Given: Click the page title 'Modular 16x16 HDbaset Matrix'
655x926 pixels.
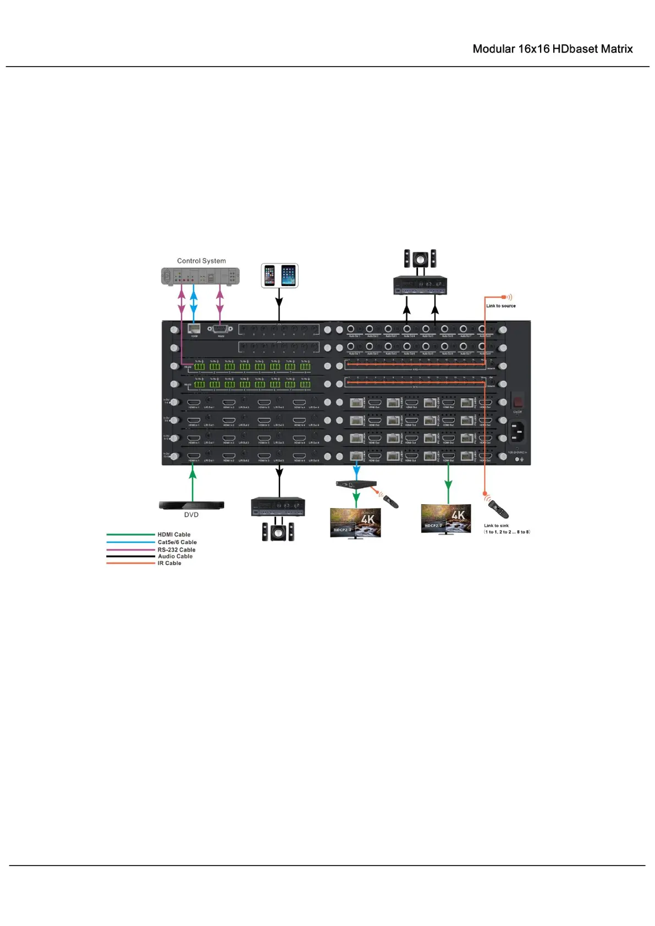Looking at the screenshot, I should [552, 49].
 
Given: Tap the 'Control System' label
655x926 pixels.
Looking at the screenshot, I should [201, 261].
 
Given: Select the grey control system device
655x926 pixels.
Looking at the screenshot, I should [200, 276].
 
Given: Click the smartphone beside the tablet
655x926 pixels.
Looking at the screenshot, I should [269, 275].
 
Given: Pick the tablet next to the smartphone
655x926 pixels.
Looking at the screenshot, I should [288, 275].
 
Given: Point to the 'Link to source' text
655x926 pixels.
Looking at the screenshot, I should [500, 306].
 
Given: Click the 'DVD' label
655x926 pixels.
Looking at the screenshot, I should [191, 515].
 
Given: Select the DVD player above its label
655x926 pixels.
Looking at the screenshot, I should [191, 505].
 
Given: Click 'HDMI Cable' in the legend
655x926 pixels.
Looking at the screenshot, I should [174, 534].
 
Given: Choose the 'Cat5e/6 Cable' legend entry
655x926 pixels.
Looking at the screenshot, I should [177, 542].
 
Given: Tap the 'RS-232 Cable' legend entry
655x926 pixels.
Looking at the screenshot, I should [177, 549].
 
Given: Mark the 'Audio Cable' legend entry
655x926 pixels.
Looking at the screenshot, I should [175, 556].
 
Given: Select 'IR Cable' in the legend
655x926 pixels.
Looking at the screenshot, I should [169, 563].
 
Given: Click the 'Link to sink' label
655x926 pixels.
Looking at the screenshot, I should [496, 526].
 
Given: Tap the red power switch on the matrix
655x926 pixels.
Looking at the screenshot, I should [518, 400].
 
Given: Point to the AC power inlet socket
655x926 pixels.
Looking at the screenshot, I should [516, 432].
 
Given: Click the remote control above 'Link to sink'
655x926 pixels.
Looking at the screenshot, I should [498, 509].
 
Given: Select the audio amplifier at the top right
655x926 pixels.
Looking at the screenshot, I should [420, 285].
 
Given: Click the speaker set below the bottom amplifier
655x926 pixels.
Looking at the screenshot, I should [278, 531].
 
